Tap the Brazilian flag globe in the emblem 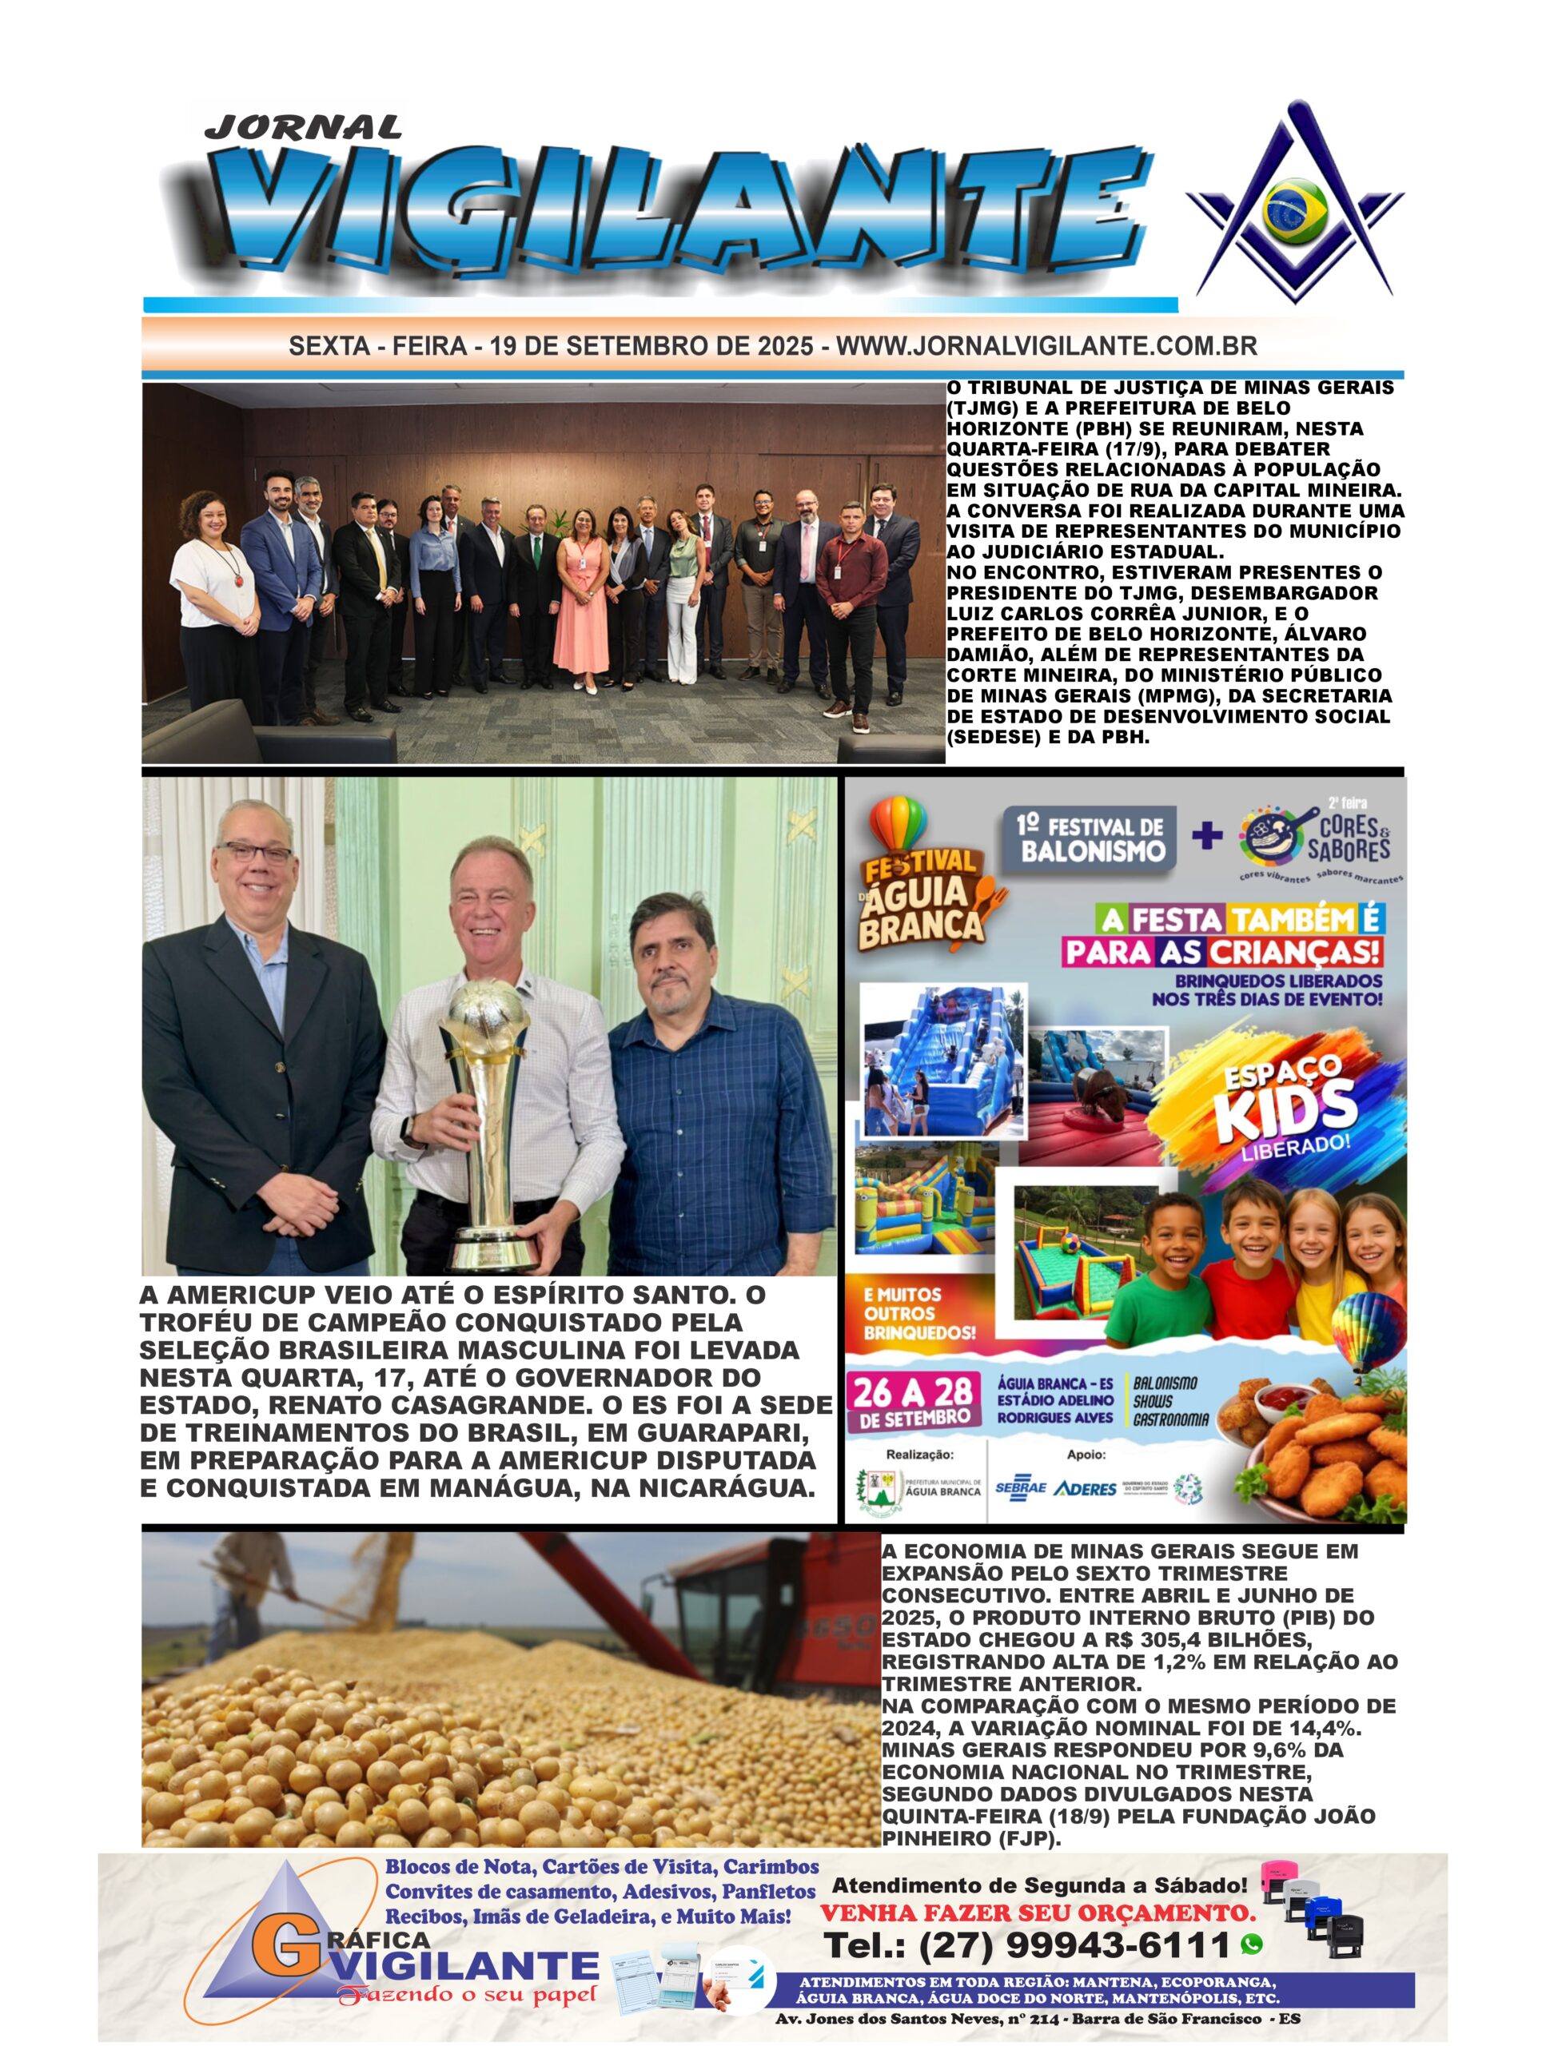(1294, 212)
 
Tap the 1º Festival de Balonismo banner (1090, 840)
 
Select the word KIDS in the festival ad (1286, 1109)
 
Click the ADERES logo (1084, 1489)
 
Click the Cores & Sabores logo (1318, 836)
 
